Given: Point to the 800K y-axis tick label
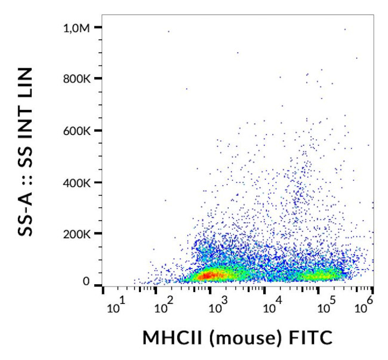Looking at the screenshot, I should pyautogui.click(x=82, y=79).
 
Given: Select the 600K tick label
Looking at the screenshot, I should pyautogui.click(x=82, y=131).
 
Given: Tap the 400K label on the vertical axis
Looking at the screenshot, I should pyautogui.click(x=82, y=183).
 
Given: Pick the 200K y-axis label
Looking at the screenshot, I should pyautogui.click(x=82, y=234).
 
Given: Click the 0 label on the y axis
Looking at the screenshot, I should pyautogui.click(x=87, y=281).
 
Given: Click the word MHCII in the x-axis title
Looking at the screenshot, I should pyautogui.click(x=169, y=338).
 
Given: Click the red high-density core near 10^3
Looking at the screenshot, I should pyautogui.click(x=209, y=275).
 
